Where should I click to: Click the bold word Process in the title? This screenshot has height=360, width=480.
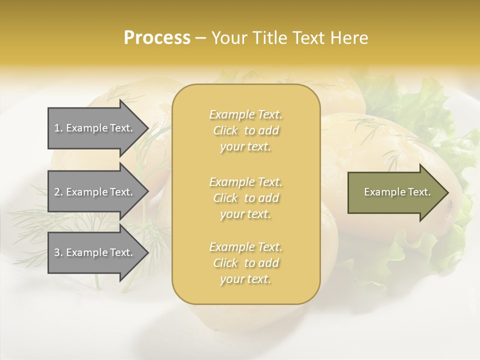point(157,38)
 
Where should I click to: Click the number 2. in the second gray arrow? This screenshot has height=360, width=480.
point(58,192)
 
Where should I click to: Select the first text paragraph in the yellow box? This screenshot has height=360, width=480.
point(245,130)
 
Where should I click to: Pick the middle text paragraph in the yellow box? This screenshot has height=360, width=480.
point(245,198)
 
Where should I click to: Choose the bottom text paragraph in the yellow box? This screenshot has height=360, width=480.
point(245,263)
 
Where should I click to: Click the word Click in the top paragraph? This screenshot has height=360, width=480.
point(226,130)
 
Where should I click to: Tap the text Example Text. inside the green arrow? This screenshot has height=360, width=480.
point(397,192)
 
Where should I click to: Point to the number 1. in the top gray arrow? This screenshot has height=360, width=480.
point(58,128)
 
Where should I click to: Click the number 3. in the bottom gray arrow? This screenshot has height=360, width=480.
point(58,252)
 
